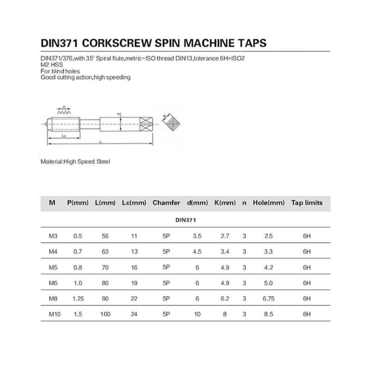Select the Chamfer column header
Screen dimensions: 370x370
click(166, 203)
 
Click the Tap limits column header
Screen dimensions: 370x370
click(307, 203)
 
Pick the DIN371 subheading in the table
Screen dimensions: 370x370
click(185, 220)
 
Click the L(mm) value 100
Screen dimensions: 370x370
click(105, 314)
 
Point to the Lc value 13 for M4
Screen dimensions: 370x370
click(134, 252)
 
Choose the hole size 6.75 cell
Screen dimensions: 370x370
click(269, 299)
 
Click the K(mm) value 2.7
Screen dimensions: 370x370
click(225, 236)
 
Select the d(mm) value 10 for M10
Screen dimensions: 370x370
click(197, 314)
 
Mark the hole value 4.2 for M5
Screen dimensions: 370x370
click(269, 268)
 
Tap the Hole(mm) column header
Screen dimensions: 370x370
click(269, 203)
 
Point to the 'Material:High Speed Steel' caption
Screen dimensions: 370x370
click(75, 162)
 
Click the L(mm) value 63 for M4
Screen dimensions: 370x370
click(105, 252)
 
